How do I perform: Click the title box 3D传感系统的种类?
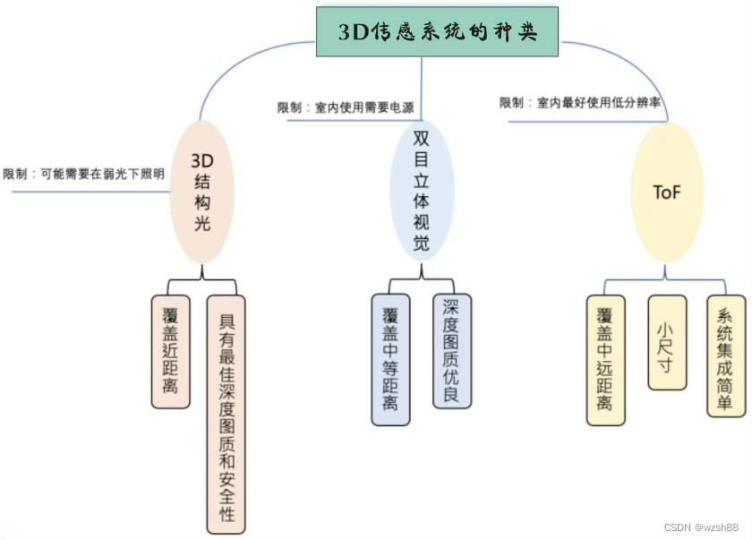[x=438, y=32]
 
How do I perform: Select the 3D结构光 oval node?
[x=202, y=192]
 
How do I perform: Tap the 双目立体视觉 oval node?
[x=422, y=191]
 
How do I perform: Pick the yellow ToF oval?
[x=667, y=192]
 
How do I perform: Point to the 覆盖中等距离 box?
[x=389, y=359]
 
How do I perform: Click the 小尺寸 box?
[x=667, y=341]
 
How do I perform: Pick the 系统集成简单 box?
[x=725, y=356]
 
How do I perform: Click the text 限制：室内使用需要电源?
[x=346, y=107]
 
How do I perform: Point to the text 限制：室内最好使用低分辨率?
[x=580, y=103]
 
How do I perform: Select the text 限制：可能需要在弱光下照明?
[x=84, y=174]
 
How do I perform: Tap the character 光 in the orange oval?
[x=202, y=223]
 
